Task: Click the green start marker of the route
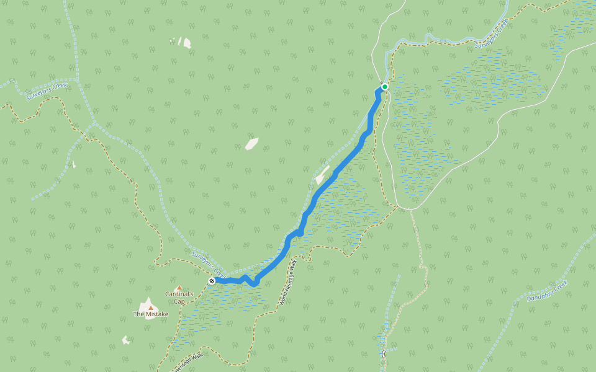pos(385,87)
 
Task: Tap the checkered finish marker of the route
pos(212,281)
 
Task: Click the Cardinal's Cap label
pos(179,298)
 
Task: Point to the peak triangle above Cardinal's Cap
pos(179,288)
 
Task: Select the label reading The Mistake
pos(151,314)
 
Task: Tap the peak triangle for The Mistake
pos(150,307)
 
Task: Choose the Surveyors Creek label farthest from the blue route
pos(47,91)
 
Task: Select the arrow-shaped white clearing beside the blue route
pos(322,175)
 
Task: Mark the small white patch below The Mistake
pos(126,340)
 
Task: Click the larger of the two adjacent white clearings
pos(186,42)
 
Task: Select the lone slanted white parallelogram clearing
pos(251,144)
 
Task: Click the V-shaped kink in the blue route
pos(254,283)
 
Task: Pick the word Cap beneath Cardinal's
pos(179,302)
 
